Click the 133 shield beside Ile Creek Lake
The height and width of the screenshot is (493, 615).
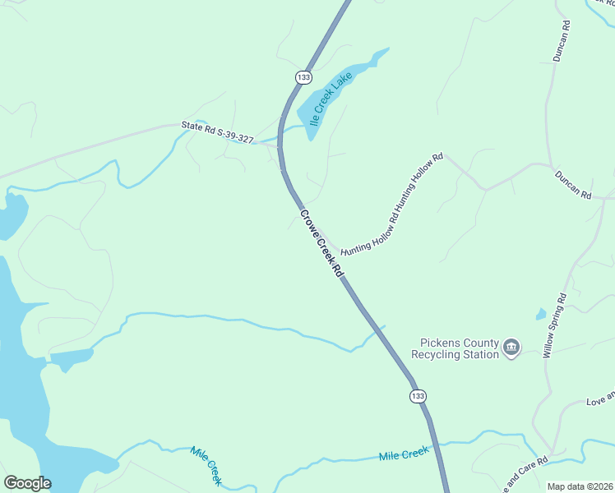pos(302,76)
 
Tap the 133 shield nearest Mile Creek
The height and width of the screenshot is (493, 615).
pos(418,396)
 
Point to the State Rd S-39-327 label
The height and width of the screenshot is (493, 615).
pos(217,132)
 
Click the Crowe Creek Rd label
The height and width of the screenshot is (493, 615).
pos(321,244)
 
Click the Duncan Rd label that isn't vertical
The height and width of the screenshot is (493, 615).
pos(572,186)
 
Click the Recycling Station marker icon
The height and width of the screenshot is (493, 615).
pos(511,348)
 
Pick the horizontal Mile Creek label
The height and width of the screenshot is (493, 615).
pos(405,455)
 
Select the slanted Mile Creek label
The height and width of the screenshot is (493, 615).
pos(206,465)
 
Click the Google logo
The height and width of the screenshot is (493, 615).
pos(27,483)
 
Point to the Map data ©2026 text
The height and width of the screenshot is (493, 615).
pos(580,486)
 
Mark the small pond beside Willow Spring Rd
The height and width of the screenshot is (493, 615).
pos(540,314)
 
